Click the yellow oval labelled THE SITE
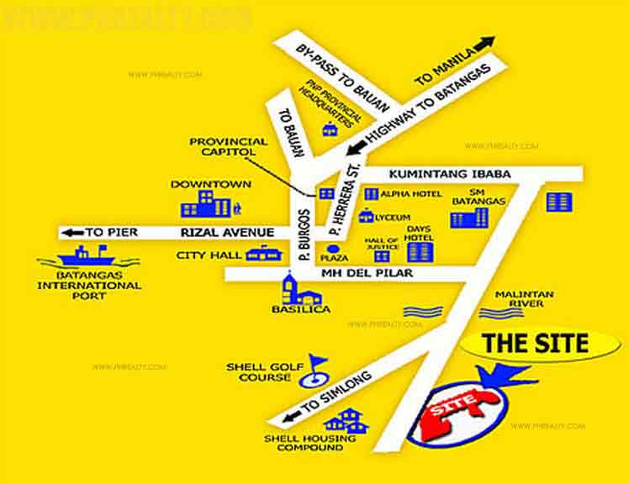pos(540,344)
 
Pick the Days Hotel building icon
pos(419,250)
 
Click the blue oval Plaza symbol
pos(334,249)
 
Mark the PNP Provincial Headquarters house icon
pos(330,129)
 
